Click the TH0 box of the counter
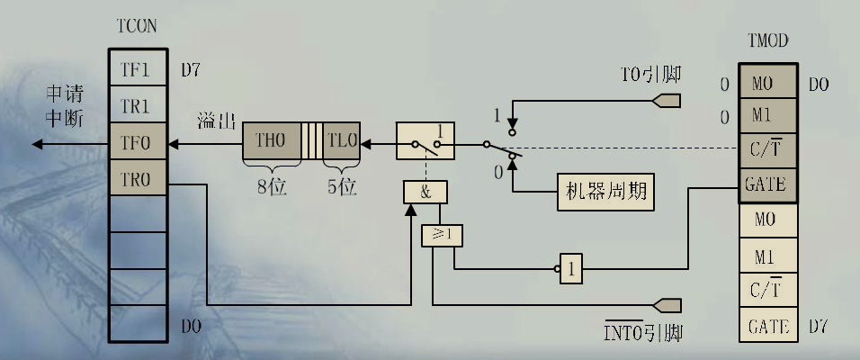(x=271, y=141)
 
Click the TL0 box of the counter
(x=343, y=141)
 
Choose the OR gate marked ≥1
(x=441, y=236)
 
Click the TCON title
(x=138, y=27)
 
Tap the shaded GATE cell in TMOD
(x=767, y=184)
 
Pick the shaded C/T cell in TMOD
(x=767, y=150)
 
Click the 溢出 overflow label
(x=215, y=121)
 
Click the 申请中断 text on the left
(x=64, y=106)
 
